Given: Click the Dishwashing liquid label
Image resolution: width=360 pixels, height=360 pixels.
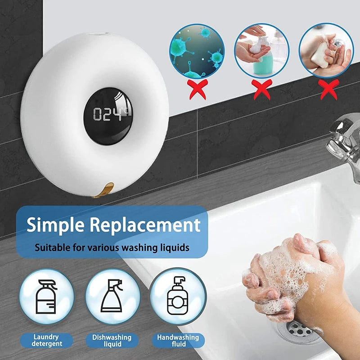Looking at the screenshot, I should coord(112,341).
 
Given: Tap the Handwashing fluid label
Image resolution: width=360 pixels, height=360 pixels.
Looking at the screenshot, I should coord(178,341).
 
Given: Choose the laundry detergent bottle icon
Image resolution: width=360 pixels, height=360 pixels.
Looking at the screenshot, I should coord(46,297).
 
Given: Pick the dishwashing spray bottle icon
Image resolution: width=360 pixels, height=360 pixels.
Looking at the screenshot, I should coord(112,297).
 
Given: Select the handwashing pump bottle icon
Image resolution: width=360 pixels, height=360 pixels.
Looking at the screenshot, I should coord(178,297).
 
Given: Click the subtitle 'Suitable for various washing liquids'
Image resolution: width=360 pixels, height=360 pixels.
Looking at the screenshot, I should coord(112,247).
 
